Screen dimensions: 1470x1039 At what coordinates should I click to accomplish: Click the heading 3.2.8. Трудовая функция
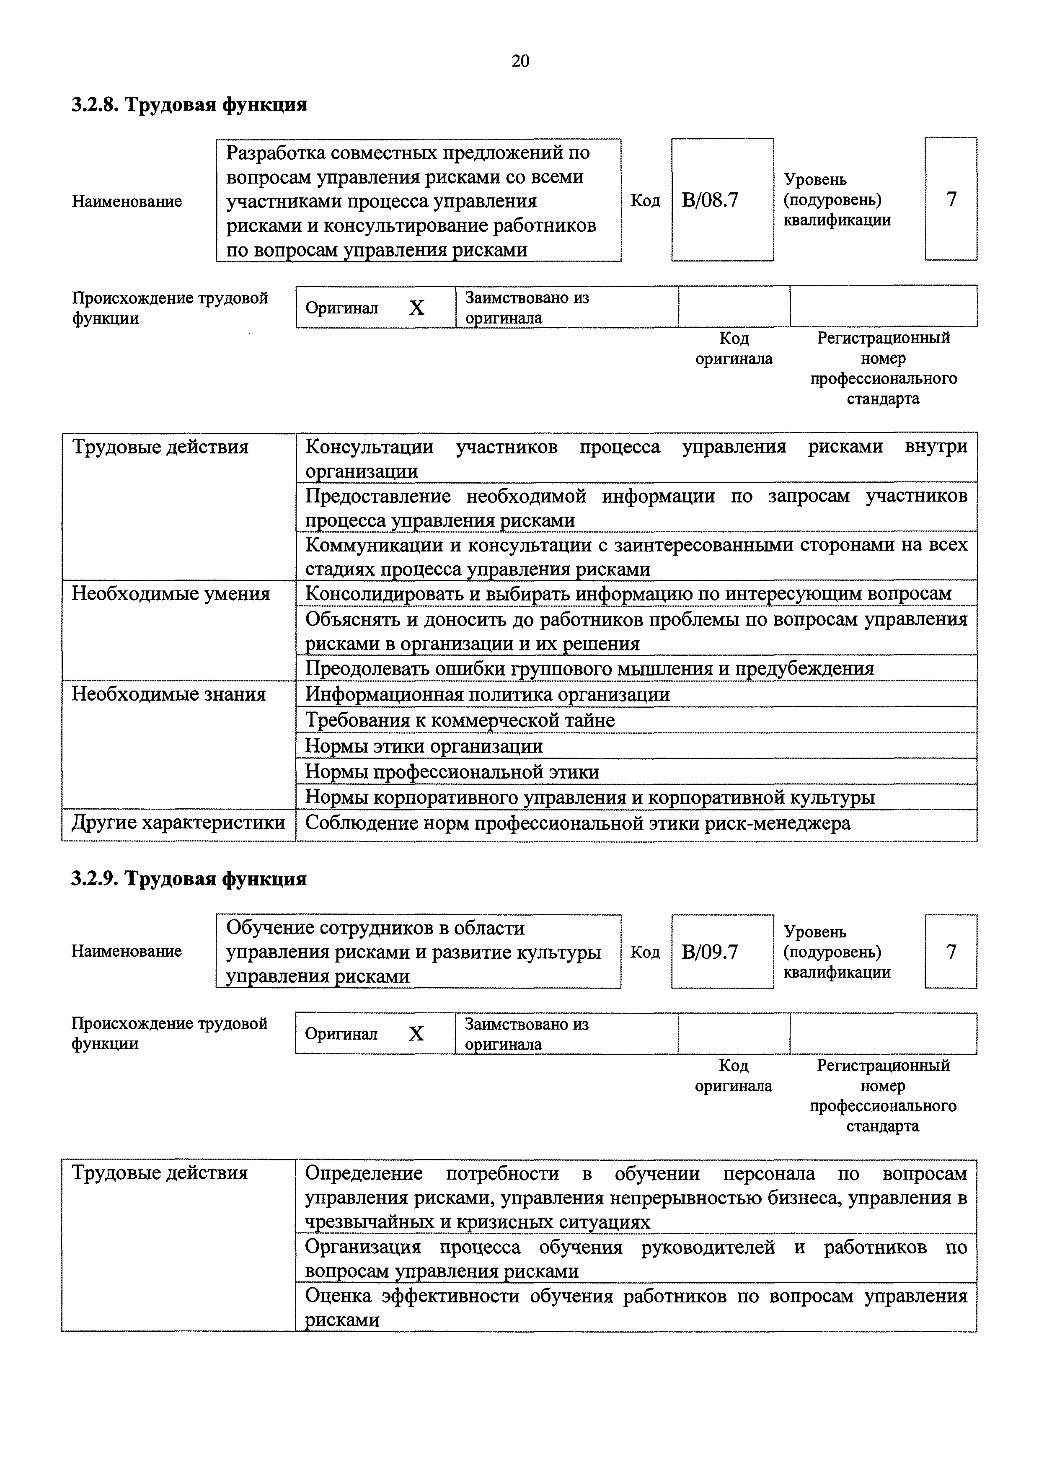click(x=189, y=104)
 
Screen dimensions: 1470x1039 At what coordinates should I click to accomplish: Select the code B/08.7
click(x=710, y=200)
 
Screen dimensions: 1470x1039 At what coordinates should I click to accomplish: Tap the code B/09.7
click(x=710, y=952)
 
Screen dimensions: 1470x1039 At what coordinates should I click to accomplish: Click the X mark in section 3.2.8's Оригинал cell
click(x=417, y=308)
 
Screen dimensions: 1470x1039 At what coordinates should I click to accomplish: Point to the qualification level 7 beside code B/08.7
click(x=951, y=199)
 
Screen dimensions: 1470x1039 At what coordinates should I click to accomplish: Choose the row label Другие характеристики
click(x=178, y=823)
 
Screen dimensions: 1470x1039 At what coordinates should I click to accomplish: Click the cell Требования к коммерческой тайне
click(x=460, y=720)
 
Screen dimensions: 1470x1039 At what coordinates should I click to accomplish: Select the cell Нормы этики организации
click(x=424, y=746)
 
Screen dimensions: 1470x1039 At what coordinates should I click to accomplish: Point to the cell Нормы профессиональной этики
click(x=452, y=771)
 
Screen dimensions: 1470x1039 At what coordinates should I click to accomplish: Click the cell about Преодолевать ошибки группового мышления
click(x=589, y=668)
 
